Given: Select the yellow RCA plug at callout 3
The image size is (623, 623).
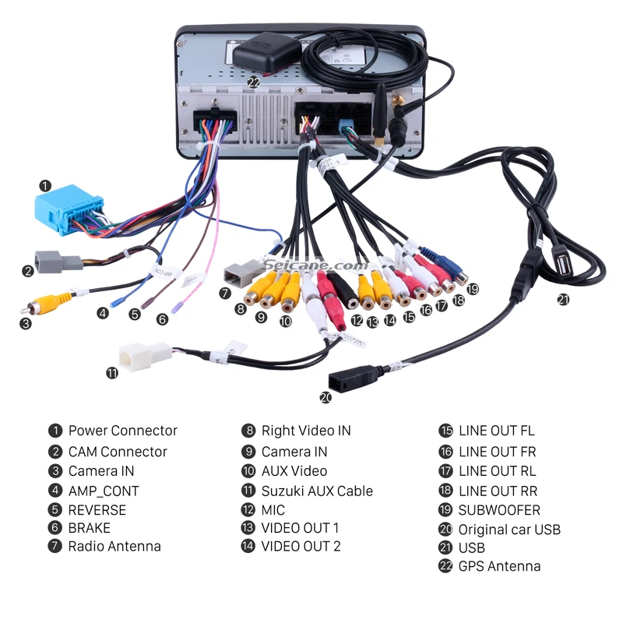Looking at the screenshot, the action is [x=47, y=304].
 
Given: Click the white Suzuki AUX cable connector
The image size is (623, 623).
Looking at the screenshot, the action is [x=145, y=356].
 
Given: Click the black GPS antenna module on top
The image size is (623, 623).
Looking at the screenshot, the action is [x=266, y=53].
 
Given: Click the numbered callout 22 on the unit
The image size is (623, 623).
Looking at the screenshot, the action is [x=254, y=83].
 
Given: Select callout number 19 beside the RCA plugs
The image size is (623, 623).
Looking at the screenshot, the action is [x=473, y=289].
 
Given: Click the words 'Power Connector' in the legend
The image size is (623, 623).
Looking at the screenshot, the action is [x=123, y=431].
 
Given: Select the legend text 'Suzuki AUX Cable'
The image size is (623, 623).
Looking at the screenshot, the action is [x=317, y=491].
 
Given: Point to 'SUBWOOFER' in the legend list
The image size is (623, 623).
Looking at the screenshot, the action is [x=499, y=510].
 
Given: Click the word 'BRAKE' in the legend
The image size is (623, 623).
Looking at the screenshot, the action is [x=90, y=528].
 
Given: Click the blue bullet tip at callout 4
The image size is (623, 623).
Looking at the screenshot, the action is [x=115, y=303].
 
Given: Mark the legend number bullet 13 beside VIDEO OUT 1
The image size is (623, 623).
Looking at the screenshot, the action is [x=248, y=528].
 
